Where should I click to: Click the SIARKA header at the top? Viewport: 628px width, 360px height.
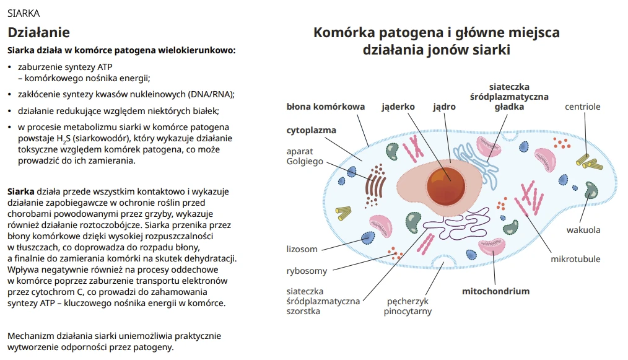pos(24,12)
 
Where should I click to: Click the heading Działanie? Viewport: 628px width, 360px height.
pos(38,33)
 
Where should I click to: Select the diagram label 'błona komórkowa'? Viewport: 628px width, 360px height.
pos(325,107)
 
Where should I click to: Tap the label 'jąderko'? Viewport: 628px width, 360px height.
pos(398,107)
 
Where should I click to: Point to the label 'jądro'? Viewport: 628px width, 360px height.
pos(444,107)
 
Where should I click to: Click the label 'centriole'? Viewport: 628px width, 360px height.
pos(582,107)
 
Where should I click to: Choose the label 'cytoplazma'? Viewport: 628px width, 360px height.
pos(311,130)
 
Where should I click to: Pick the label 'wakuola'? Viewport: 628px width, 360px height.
pos(583,230)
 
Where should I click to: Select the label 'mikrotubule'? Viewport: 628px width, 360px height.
pos(575,259)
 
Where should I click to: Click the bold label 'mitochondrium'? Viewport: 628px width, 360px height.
pos(495,291)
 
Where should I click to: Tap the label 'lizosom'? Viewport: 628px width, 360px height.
pos(302,249)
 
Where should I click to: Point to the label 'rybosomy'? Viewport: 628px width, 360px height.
pos(307,271)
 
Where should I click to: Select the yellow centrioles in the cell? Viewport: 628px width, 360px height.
pos(589,162)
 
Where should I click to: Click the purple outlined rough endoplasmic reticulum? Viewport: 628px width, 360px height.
pos(433,230)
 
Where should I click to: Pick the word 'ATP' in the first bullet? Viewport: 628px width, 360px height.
pos(105,67)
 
